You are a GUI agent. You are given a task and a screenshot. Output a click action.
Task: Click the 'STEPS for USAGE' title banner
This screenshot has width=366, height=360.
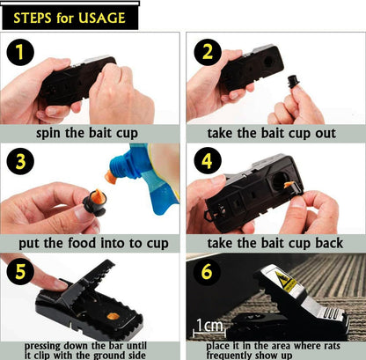click(70, 17)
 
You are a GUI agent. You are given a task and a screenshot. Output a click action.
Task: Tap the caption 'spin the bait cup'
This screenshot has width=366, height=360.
click(91, 134)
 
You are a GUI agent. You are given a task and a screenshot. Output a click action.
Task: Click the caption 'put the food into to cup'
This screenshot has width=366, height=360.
click(91, 243)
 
